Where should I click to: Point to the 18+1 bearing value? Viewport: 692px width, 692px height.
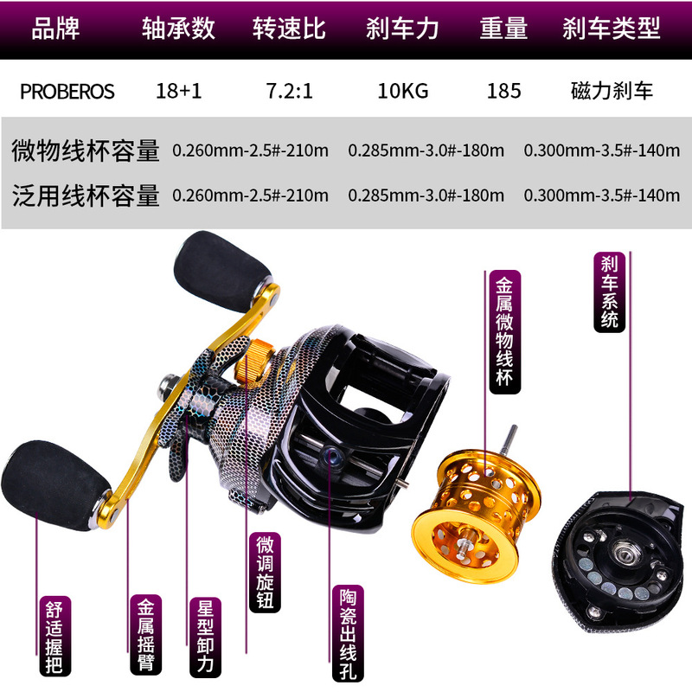click(180, 91)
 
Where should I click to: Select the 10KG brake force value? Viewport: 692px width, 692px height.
click(402, 91)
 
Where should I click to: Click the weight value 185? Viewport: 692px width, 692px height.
click(503, 91)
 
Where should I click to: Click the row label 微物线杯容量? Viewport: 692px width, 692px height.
click(86, 150)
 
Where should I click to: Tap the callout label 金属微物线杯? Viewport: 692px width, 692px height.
click(502, 332)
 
